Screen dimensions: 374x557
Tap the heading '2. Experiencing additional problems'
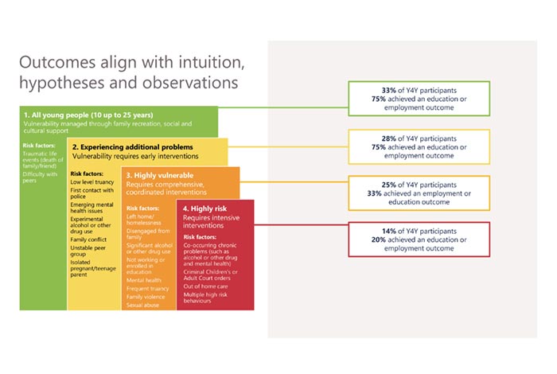(132, 147)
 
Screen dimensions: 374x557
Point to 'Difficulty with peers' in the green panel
(40, 176)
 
